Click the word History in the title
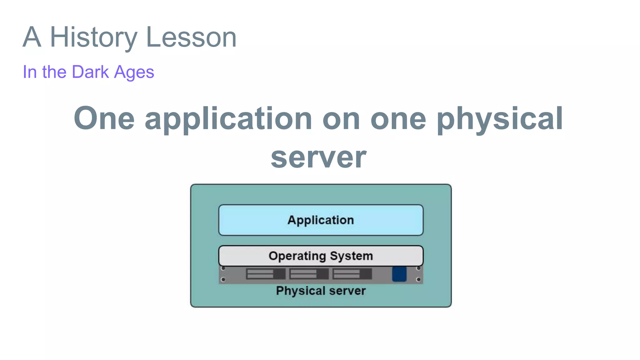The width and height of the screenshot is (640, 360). (93, 37)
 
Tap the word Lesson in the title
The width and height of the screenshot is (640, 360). (191, 37)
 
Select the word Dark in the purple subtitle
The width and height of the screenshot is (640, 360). (90, 72)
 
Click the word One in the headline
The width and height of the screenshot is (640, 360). (104, 118)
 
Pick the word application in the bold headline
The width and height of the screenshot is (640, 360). (228, 119)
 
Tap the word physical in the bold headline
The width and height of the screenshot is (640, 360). (500, 119)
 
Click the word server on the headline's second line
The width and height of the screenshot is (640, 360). (318, 158)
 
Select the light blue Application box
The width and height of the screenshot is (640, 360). (321, 220)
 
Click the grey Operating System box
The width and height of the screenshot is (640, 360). (321, 256)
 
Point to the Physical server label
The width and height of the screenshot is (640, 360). (321, 291)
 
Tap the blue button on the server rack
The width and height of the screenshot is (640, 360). (399, 274)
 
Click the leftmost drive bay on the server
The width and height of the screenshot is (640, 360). (266, 274)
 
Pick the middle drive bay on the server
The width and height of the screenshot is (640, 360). (309, 274)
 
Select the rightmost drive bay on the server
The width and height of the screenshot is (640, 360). (352, 274)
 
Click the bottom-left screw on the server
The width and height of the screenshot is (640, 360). (223, 279)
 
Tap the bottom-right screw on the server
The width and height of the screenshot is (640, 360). (418, 279)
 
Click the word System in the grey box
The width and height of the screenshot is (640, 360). (352, 256)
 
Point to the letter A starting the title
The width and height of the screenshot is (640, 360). (32, 37)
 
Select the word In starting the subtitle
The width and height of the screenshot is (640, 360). (30, 72)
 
